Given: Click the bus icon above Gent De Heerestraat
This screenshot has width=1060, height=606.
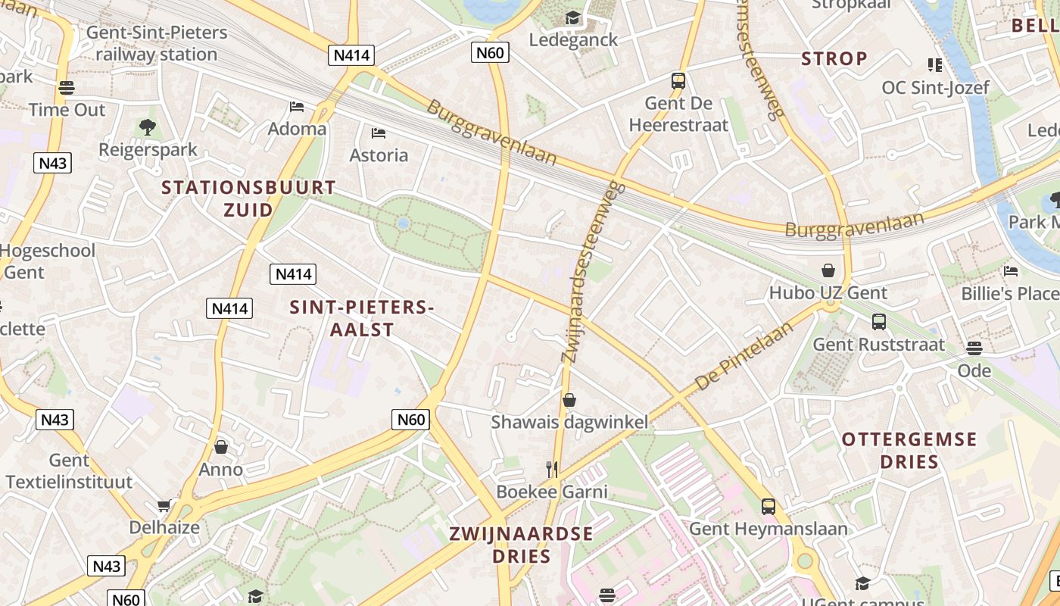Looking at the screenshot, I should coord(678,80).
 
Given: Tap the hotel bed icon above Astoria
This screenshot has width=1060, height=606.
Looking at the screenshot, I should coord(379,133).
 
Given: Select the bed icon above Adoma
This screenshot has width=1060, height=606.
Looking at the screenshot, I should coord(297,107).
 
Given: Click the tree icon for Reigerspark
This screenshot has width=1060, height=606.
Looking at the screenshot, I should coord(148,127).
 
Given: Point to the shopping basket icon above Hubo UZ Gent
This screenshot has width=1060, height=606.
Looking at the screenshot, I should coord(828,270).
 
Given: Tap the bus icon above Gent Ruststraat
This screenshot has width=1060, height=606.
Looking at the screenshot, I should coord(878,322).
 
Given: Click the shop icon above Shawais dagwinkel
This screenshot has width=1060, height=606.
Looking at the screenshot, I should coord(569,399).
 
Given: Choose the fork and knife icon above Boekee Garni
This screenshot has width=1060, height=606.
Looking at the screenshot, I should coord(552,470).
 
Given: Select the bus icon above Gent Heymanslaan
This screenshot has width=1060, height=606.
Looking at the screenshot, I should coord(768,506).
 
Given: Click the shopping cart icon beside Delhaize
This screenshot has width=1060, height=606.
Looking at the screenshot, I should coord(164,505).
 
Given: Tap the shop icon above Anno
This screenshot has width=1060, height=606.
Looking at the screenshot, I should coord(221,447).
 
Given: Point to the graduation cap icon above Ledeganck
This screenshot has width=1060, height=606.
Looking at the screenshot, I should coord(572,17).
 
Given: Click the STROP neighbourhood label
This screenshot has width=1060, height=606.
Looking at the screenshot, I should coord(834,58).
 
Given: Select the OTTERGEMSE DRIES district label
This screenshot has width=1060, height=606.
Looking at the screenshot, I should coord(909,450).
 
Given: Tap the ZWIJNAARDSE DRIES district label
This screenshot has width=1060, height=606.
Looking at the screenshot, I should coord(521,544).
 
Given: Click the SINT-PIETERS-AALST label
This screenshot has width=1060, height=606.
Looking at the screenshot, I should coord(362,318).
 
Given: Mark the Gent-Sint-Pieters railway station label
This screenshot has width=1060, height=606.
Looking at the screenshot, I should coord(157,43).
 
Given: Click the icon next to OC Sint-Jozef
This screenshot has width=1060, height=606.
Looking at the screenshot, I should coord(935,65).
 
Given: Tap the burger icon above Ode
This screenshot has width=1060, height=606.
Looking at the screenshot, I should coord(974,348).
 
